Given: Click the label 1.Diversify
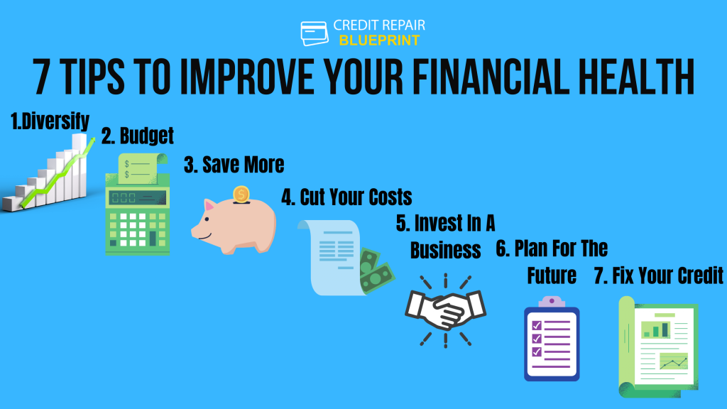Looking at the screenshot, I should click(50, 121).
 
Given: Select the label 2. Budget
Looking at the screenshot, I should click(137, 136).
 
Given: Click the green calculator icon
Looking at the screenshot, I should click(138, 206).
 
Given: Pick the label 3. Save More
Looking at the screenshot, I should click(234, 165).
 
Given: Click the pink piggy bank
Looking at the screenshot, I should click(234, 221).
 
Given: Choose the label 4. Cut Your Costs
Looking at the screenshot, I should click(346, 197).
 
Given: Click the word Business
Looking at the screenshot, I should click(445, 250).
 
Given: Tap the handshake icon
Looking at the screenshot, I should click(445, 310).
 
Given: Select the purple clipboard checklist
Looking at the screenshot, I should click(551, 338).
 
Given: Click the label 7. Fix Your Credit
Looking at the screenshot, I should click(657, 276).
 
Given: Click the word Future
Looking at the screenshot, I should click(552, 276).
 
